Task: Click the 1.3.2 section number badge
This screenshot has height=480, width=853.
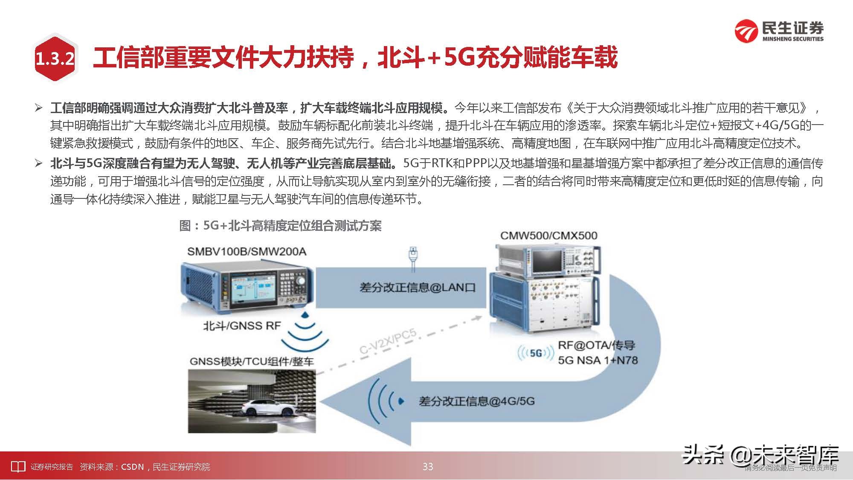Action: tap(55, 59)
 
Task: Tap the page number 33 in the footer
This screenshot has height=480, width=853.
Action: tap(428, 467)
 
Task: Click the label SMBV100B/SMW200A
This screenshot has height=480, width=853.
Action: tap(247, 251)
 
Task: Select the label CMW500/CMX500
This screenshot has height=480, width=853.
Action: tap(548, 236)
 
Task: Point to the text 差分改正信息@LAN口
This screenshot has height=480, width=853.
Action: tap(417, 287)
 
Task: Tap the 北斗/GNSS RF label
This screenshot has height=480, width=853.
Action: tap(242, 326)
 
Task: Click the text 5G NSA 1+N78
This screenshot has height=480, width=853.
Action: tap(598, 360)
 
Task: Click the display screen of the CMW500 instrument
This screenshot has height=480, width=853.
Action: tap(547, 261)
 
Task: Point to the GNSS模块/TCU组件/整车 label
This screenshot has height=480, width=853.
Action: tap(251, 361)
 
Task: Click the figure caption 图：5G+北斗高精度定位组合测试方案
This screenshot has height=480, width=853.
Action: tap(280, 225)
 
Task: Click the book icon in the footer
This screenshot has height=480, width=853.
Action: tap(18, 467)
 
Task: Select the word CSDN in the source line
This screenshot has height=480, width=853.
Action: tap(132, 467)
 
